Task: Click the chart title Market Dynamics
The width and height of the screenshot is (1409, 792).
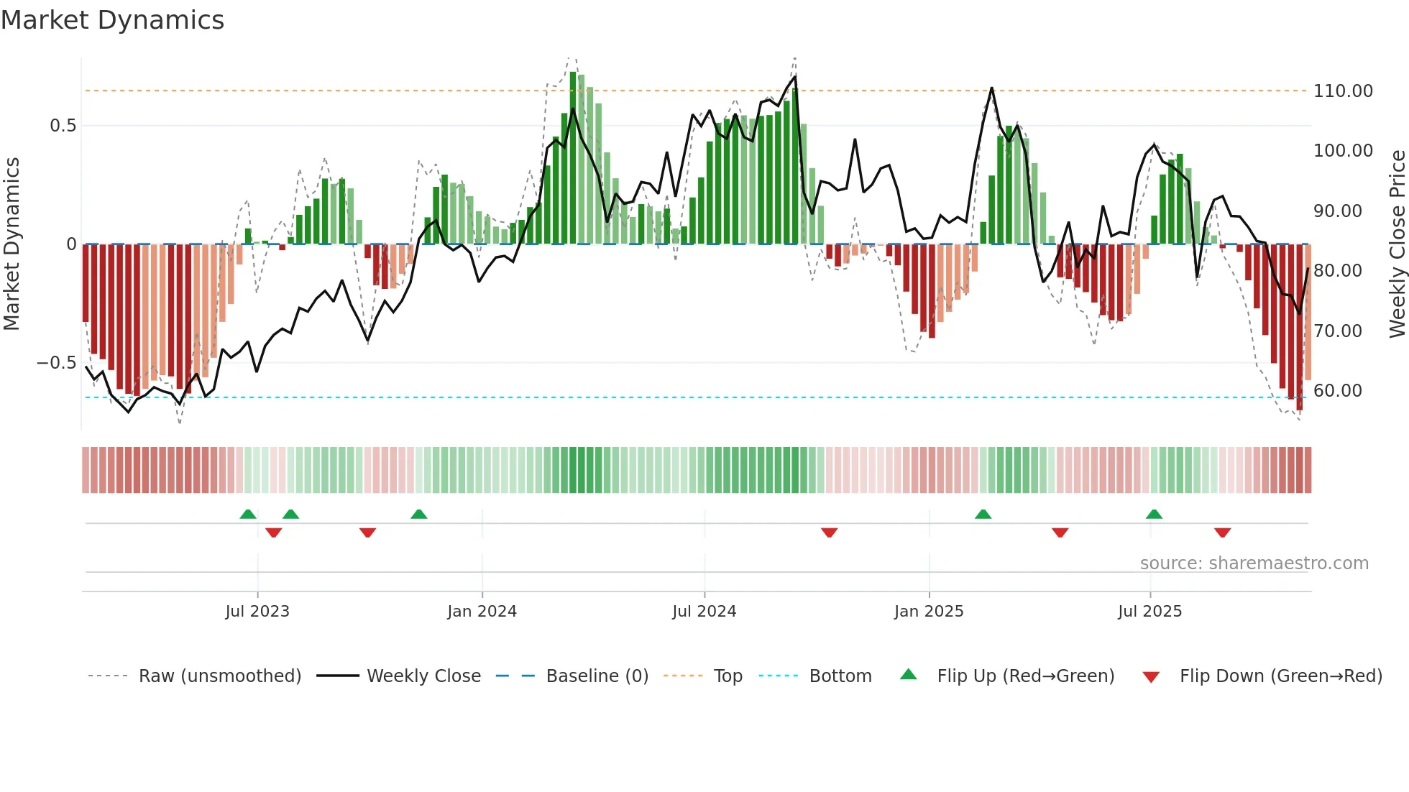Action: pos(113,20)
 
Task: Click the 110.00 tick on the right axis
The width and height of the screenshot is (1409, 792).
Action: pos(1342,91)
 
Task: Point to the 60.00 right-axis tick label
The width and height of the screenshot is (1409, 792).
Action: pos(1337,391)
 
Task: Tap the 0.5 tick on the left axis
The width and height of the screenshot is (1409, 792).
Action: pos(63,126)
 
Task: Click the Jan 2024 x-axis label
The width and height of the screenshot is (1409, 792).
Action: pos(482,612)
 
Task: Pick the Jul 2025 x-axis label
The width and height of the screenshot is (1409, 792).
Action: pos(1149,612)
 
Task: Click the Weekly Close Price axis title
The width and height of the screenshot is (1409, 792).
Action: pos(1397,244)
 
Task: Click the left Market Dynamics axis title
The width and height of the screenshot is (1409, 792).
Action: pos(12,244)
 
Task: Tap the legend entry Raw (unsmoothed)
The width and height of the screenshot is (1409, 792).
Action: pos(219,676)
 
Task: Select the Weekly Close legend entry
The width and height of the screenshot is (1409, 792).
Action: pos(423,676)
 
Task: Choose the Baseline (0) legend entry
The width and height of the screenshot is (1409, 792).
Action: pos(597,676)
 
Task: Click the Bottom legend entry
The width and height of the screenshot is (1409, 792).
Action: pos(840,676)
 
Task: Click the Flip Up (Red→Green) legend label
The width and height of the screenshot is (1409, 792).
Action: pos(1025,676)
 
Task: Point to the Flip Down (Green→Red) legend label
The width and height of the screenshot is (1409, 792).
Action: pos(1280,676)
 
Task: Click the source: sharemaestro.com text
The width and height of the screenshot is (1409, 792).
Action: pos(1254,563)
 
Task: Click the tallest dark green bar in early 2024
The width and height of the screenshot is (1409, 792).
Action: pos(573,158)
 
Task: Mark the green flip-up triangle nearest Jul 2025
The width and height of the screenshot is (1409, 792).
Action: pos(1154,514)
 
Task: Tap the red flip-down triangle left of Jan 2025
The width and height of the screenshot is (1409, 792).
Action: pos(829,533)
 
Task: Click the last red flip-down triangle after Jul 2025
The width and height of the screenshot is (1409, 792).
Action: pos(1222,533)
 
